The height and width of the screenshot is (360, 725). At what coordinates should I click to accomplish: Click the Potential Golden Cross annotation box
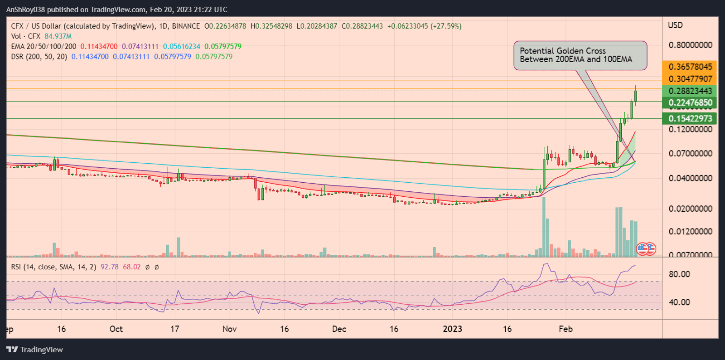[x=580, y=55]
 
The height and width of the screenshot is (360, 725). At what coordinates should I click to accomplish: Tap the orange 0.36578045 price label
[x=690, y=67]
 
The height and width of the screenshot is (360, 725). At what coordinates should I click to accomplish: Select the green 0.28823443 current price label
[x=690, y=91]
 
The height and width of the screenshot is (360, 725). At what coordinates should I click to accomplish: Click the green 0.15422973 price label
[x=690, y=119]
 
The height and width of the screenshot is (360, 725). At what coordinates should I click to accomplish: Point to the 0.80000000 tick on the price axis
[x=690, y=45]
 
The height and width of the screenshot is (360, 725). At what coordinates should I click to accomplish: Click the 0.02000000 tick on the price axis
[x=690, y=209]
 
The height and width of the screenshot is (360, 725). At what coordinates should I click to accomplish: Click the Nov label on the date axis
[x=229, y=329]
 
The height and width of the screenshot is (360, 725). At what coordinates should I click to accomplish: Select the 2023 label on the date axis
[x=452, y=329]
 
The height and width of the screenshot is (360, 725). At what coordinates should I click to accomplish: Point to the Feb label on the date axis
[x=565, y=329]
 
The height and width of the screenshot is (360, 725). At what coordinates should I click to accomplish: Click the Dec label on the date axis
[x=339, y=329]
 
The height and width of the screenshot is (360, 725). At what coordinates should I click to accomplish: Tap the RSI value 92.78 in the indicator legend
[x=110, y=267]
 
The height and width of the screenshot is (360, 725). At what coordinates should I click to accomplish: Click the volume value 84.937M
[x=58, y=36]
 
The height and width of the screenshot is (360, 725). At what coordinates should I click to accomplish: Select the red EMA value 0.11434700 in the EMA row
[x=99, y=46]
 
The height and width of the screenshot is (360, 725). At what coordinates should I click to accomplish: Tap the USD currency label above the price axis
[x=675, y=25]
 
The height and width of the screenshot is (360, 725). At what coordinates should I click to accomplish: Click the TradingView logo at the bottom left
[x=35, y=350]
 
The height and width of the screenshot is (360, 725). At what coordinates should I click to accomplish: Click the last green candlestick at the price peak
[x=636, y=96]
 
